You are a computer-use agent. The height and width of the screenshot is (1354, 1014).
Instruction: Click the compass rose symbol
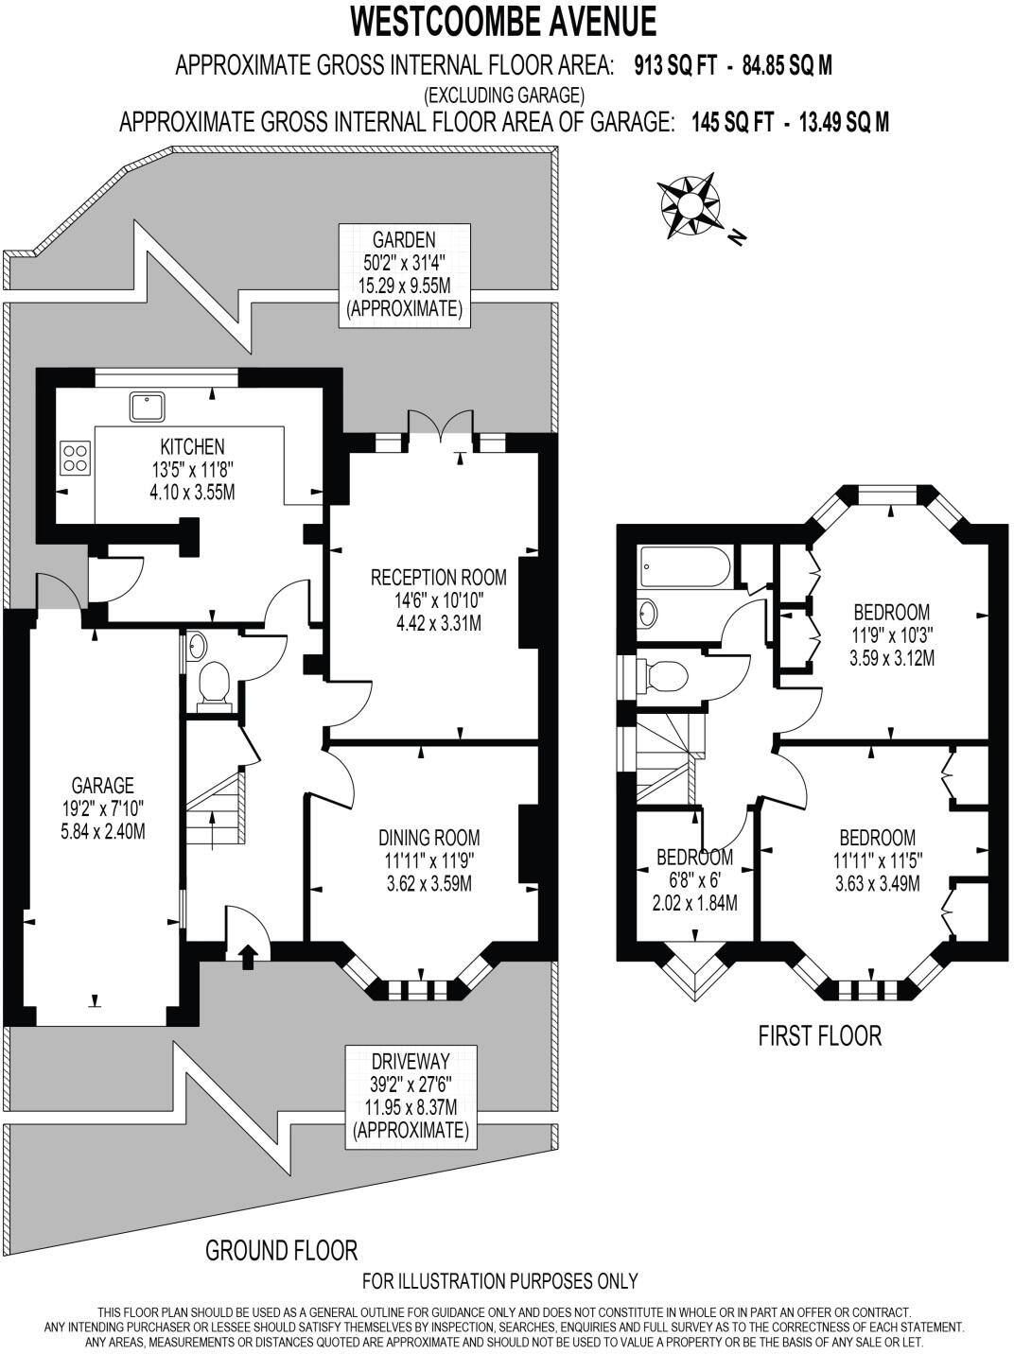tap(688, 203)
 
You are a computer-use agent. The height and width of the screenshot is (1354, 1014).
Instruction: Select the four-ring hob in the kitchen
tap(76, 458)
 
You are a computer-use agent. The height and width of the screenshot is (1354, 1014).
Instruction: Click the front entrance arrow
tap(248, 956)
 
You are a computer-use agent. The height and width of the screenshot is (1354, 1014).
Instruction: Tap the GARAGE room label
tap(102, 785)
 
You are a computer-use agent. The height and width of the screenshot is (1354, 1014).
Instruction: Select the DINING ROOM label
tap(428, 837)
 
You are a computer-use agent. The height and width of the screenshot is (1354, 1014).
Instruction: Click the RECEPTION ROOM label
tap(438, 577)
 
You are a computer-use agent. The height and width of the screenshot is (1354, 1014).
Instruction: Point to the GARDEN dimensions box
tap(404, 274)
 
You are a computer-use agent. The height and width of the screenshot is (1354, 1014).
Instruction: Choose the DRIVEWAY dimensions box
tap(410, 1096)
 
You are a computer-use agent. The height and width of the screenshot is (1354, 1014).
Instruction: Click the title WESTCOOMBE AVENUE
tap(503, 20)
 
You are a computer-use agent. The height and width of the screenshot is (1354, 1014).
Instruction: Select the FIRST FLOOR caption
tap(819, 1035)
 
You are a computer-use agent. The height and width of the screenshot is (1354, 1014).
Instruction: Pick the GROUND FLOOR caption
tap(281, 1250)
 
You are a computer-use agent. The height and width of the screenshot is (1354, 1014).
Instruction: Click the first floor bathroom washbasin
tap(648, 612)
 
